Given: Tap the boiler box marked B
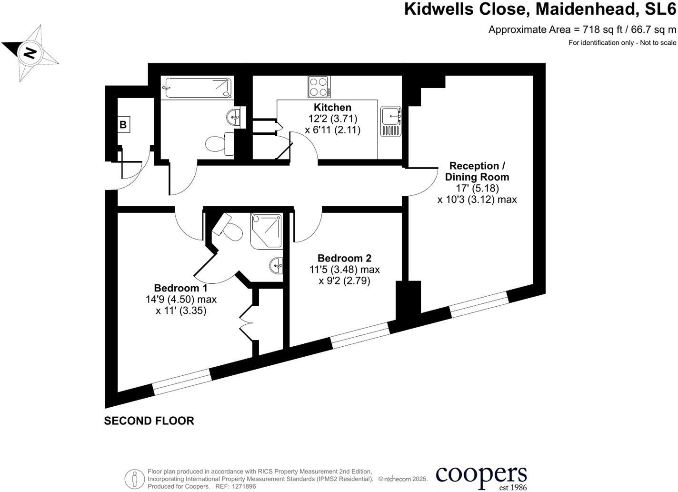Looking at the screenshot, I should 123,125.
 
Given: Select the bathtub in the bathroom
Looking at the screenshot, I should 197,88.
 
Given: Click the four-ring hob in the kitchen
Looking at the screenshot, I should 319,87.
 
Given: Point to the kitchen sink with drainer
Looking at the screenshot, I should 391,121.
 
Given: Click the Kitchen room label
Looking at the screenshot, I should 332,108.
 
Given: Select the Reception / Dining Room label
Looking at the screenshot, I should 477,171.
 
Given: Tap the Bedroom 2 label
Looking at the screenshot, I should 344,258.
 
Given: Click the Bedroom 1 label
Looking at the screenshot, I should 180,288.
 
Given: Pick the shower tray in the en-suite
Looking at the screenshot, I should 267,231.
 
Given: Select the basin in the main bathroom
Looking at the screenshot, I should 234,116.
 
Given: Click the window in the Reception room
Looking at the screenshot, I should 479,303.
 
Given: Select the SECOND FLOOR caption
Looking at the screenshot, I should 149,421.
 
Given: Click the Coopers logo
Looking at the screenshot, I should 481,477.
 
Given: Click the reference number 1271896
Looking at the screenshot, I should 243,487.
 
